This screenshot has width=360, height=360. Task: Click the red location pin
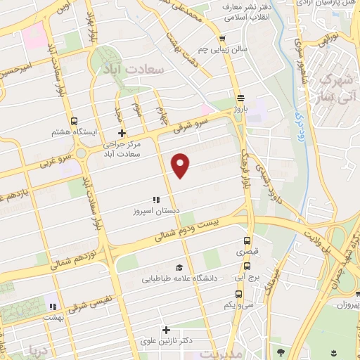pyautogui.click(x=181, y=164)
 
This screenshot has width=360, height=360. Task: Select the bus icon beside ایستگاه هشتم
pyautogui.click(x=74, y=120)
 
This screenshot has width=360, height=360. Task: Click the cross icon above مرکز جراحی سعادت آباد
pyautogui.click(x=122, y=133)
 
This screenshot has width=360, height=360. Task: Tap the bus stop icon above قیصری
pyautogui.click(x=246, y=240)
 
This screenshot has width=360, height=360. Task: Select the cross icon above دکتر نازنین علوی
pyautogui.click(x=167, y=329)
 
